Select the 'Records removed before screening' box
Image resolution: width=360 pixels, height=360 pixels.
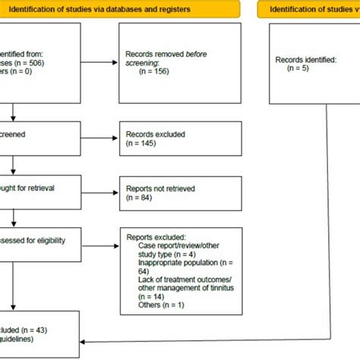[180, 64]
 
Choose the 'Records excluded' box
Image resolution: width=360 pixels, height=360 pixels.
[180, 141]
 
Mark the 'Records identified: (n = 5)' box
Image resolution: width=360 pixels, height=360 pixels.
[313, 64]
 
